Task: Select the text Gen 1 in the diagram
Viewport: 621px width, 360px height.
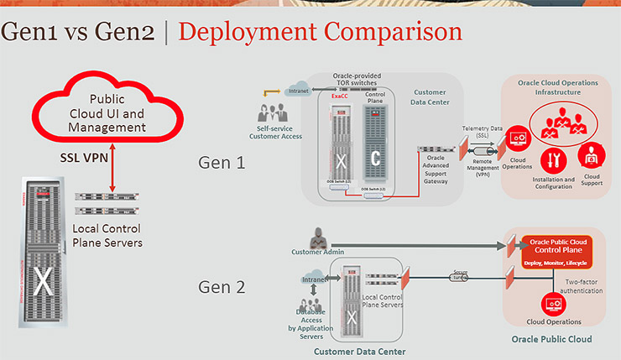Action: tap(222, 161)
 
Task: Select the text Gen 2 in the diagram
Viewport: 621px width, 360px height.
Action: tap(222, 286)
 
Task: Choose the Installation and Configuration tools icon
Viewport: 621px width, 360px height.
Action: tap(552, 160)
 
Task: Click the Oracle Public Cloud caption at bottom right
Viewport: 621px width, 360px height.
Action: tap(551, 340)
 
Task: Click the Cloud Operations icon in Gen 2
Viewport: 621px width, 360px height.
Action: tap(553, 302)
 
